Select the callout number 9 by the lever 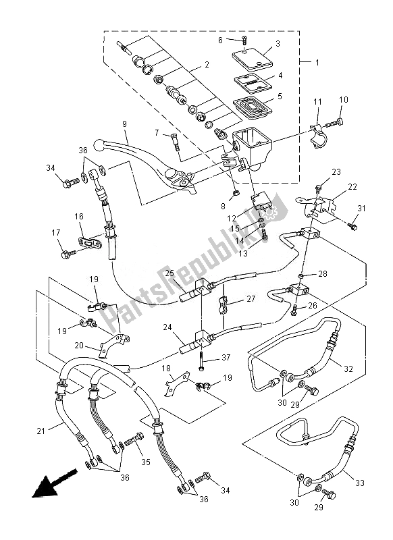click(124, 124)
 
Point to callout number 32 click(348, 369)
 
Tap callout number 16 click(78, 217)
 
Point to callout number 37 click(226, 357)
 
